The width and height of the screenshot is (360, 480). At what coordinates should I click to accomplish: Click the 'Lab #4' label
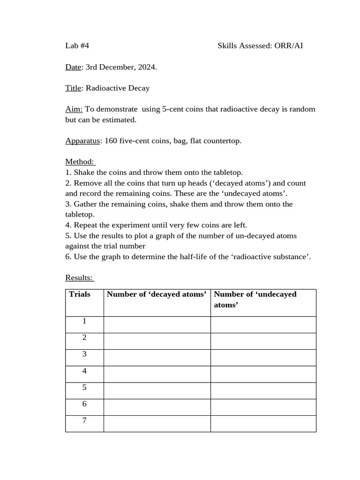(77, 46)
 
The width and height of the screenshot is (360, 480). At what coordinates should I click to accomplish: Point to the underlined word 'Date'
(73, 67)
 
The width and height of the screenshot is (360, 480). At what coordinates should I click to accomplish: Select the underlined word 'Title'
(73, 88)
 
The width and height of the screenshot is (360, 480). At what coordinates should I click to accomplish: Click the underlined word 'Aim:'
(74, 109)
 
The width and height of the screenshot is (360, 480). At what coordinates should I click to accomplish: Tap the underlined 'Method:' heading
(79, 162)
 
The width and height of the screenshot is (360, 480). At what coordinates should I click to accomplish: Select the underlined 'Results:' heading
(79, 278)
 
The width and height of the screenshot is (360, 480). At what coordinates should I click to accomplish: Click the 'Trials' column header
(80, 294)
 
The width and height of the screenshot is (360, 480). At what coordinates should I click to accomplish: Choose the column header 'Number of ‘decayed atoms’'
(157, 294)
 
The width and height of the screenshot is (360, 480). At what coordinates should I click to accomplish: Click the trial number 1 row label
(84, 322)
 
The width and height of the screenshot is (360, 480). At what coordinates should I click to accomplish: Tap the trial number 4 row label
(84, 371)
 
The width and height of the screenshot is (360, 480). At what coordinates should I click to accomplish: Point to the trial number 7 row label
(84, 420)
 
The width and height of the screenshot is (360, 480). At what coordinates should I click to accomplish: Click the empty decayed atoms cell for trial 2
(157, 341)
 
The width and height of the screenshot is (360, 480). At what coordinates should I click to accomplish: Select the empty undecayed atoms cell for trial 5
(263, 390)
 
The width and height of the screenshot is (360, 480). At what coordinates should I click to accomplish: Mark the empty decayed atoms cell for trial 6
(157, 407)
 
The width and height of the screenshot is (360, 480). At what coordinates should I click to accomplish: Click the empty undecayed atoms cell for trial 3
(263, 358)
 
